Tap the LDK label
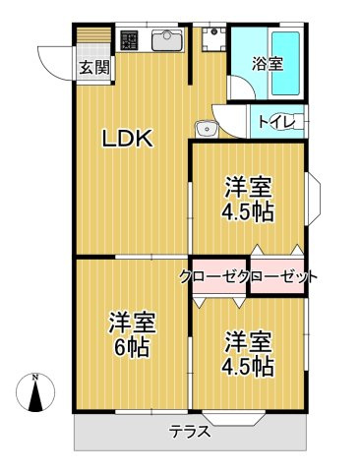coord(128,140)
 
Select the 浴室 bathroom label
coord(267,64)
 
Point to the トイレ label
coord(274,122)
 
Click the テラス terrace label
coord(189,431)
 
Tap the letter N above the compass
coord(34,378)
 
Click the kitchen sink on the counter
coord(164,41)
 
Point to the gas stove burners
coord(130,41)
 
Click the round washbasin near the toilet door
coord(205,128)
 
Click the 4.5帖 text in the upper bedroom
coord(248,210)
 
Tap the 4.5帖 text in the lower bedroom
coord(248,366)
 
